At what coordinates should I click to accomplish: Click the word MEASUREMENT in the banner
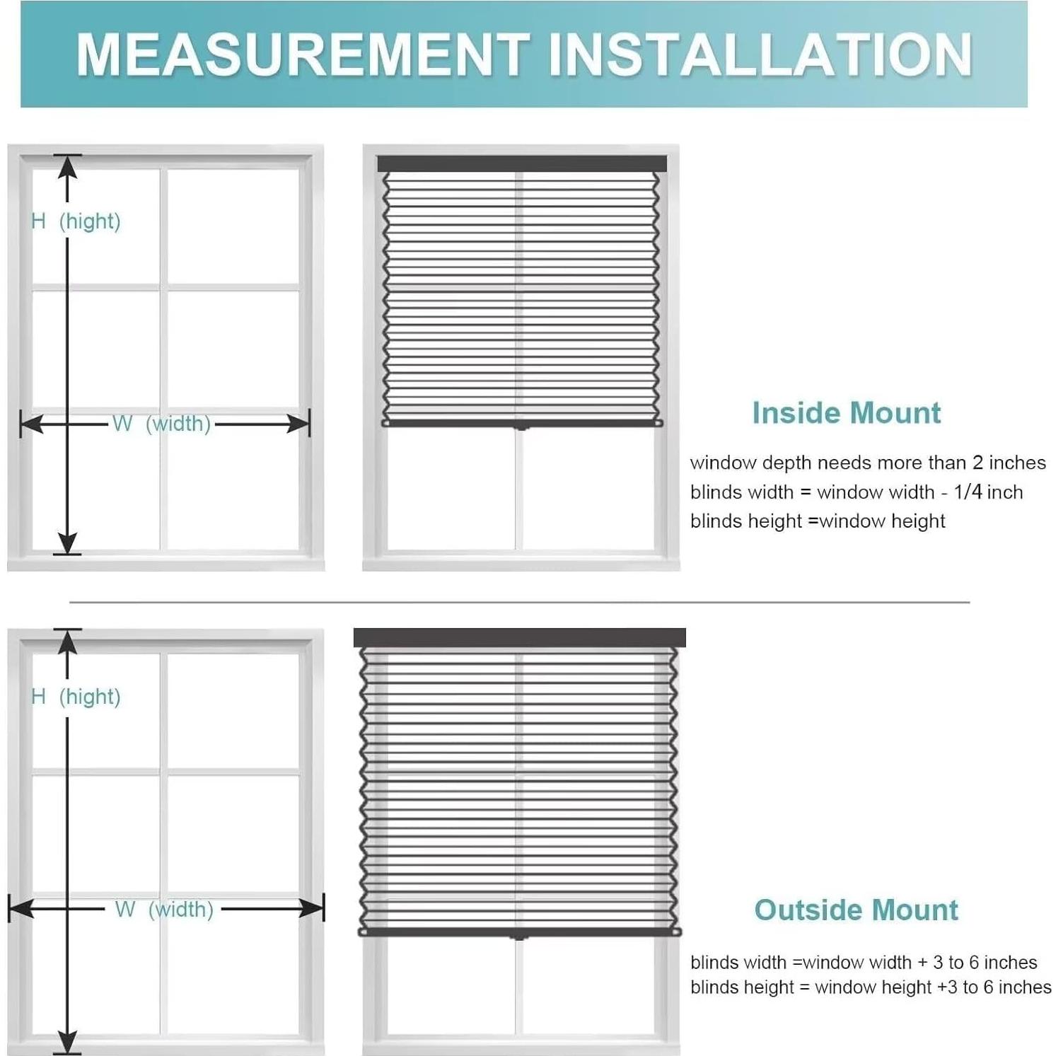click(x=303, y=54)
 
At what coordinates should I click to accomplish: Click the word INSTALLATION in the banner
click(x=760, y=54)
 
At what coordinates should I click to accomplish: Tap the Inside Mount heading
click(x=846, y=413)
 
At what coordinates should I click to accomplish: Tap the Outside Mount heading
click(x=856, y=910)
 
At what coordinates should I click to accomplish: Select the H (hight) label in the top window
click(x=76, y=221)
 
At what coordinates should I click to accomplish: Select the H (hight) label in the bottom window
click(x=76, y=697)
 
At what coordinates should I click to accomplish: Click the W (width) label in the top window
click(x=161, y=424)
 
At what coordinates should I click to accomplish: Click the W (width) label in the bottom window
click(x=164, y=909)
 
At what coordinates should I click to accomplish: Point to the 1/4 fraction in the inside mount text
click(x=968, y=492)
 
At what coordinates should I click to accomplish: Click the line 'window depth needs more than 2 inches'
click(x=867, y=463)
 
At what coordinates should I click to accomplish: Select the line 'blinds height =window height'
click(x=817, y=521)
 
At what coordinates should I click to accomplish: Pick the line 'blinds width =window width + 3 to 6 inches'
click(x=863, y=963)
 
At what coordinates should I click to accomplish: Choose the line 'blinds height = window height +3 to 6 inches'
click(x=870, y=987)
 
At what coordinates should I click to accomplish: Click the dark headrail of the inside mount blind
click(x=521, y=164)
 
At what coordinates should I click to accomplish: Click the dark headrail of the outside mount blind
click(x=519, y=637)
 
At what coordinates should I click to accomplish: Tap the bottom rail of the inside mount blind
click(x=521, y=423)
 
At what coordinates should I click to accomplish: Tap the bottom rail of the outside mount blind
click(x=519, y=932)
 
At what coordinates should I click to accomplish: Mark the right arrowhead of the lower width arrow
click(x=313, y=908)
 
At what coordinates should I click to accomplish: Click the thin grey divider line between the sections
click(x=519, y=603)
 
